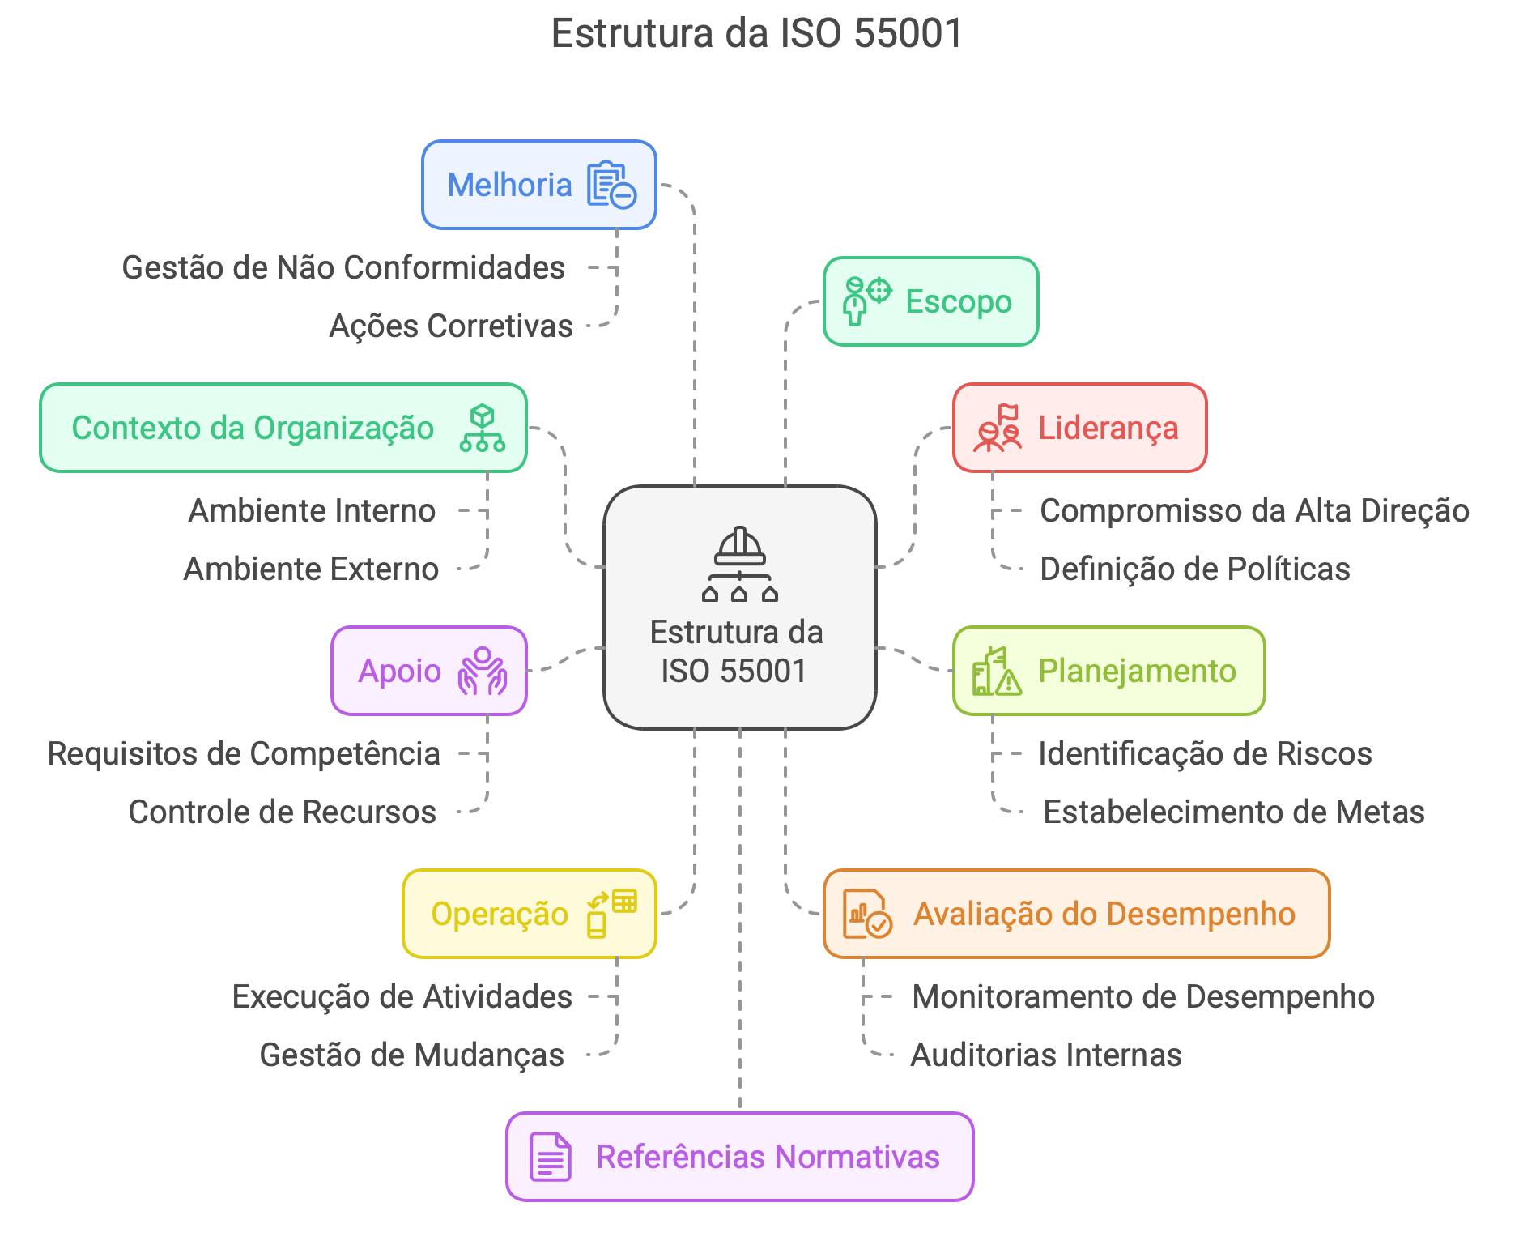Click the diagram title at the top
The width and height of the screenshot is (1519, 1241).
pyautogui.click(x=756, y=34)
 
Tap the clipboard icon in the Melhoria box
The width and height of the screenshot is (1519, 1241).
pyautogui.click(x=611, y=185)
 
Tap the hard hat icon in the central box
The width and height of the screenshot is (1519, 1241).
pyautogui.click(x=739, y=547)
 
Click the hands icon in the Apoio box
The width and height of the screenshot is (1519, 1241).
pyautogui.click(x=482, y=671)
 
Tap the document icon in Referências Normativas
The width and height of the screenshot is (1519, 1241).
pyautogui.click(x=550, y=1157)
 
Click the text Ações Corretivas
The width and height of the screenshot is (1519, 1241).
pyautogui.click(x=451, y=326)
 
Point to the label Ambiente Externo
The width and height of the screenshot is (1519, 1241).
pyautogui.click(x=311, y=569)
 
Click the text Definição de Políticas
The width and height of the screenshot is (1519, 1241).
pyautogui.click(x=1195, y=569)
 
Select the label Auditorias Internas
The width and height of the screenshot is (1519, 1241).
pyautogui.click(x=1046, y=1055)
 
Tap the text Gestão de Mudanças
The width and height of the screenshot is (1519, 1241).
pyautogui.click(x=411, y=1055)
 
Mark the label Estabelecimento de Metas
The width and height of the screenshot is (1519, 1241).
pyautogui.click(x=1234, y=812)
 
